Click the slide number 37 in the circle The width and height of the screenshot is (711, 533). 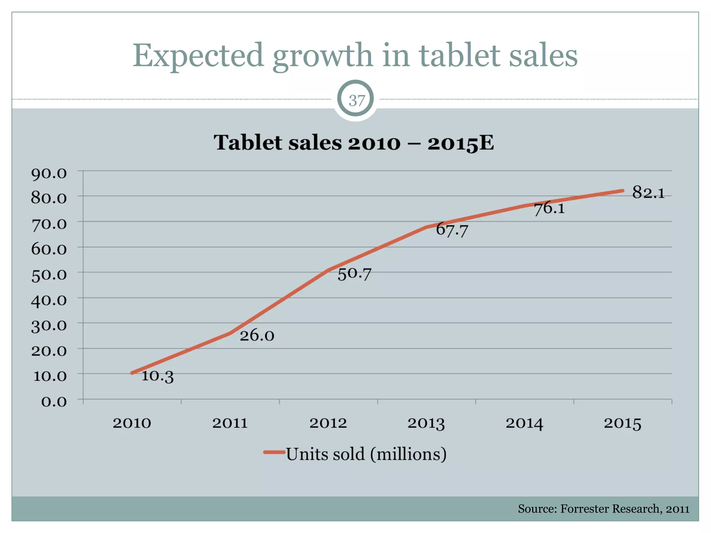point(356,101)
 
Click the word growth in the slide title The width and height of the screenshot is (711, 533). point(323,56)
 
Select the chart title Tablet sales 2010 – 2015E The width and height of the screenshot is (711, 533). point(353,143)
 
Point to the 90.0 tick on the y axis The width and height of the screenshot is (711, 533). point(49,174)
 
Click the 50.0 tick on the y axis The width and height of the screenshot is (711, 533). point(49,275)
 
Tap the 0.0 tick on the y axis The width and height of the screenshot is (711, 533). point(54,402)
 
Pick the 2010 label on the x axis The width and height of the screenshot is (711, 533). point(132,423)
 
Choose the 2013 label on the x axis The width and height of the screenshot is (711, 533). point(426,423)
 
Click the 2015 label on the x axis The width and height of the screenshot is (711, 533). point(622,423)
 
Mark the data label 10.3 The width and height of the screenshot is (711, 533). point(157,376)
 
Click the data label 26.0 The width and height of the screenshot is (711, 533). point(257,336)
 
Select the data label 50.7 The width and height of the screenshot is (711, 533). point(354,274)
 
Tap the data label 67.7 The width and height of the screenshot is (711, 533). point(452,230)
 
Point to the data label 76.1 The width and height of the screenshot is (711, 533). point(549,209)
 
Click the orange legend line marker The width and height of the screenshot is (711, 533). point(274,452)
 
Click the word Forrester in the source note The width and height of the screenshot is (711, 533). point(585,509)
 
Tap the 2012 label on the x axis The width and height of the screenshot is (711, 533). point(328,423)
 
